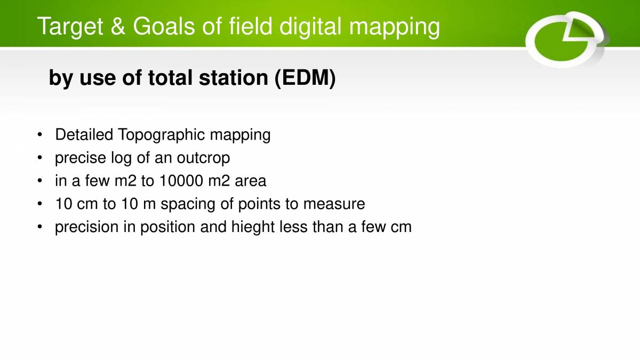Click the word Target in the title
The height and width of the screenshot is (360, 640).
tap(69, 27)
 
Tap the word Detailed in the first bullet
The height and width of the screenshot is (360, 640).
tap(84, 135)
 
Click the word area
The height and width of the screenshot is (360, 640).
tap(250, 181)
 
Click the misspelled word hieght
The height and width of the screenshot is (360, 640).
tap(253, 227)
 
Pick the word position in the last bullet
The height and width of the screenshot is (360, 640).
tap(167, 227)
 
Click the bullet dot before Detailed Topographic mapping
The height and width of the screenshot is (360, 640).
tap(40, 135)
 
